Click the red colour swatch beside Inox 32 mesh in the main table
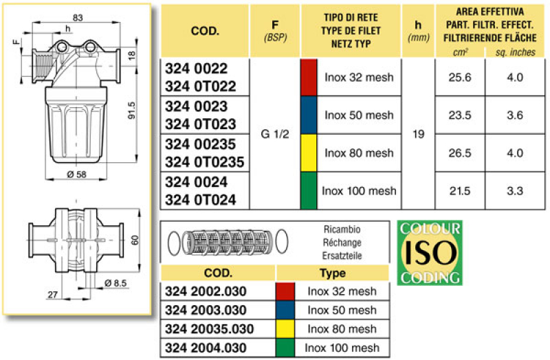click(309, 78)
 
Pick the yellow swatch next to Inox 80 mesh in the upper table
click(309, 153)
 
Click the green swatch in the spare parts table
click(286, 348)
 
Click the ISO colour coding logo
click(430, 252)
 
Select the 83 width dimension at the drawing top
click(77, 16)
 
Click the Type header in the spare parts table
click(332, 273)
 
